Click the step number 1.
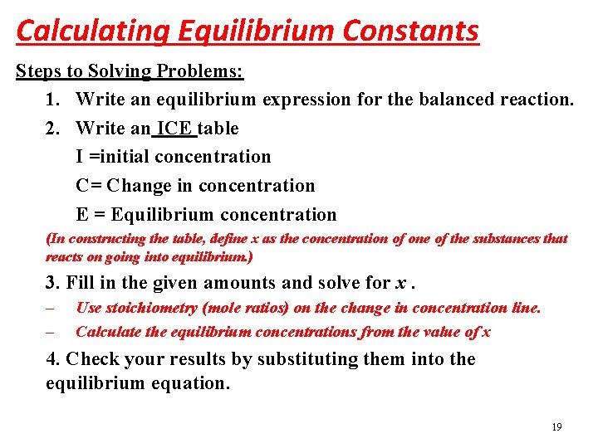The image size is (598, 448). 51,100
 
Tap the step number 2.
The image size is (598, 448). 51,129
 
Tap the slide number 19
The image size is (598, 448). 556,427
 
